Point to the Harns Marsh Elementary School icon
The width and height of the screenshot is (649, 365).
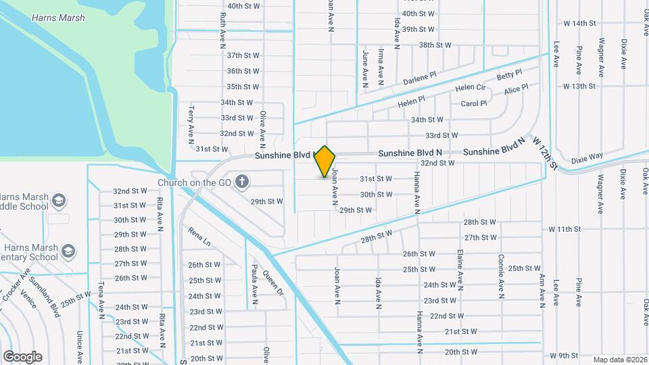point(68,251)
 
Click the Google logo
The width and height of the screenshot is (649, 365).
point(22,357)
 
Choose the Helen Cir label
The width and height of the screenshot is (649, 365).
point(470,88)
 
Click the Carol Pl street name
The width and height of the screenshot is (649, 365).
point(473,103)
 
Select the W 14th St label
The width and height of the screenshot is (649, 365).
point(579,23)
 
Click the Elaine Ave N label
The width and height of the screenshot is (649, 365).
point(460,271)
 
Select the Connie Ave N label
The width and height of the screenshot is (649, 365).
point(501,276)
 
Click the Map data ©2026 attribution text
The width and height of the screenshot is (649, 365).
point(619,360)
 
